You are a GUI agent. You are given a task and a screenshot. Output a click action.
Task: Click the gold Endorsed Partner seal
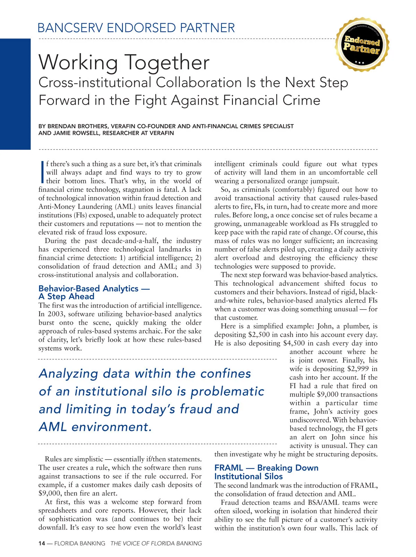[362, 45]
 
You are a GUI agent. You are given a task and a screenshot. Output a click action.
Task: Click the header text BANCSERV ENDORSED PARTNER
[136, 28]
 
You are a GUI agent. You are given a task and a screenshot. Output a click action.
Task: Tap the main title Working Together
[124, 62]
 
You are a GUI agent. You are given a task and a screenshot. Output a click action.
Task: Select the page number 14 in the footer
[42, 543]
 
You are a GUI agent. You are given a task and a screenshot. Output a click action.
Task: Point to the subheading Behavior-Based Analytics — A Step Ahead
[89, 292]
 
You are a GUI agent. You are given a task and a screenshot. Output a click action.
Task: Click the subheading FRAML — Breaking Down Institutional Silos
[266, 472]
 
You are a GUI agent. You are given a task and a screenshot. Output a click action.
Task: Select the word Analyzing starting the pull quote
[69, 374]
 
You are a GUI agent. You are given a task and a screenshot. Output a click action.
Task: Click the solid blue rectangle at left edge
[15, 94]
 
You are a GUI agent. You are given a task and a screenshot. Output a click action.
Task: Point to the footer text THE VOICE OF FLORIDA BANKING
[156, 543]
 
